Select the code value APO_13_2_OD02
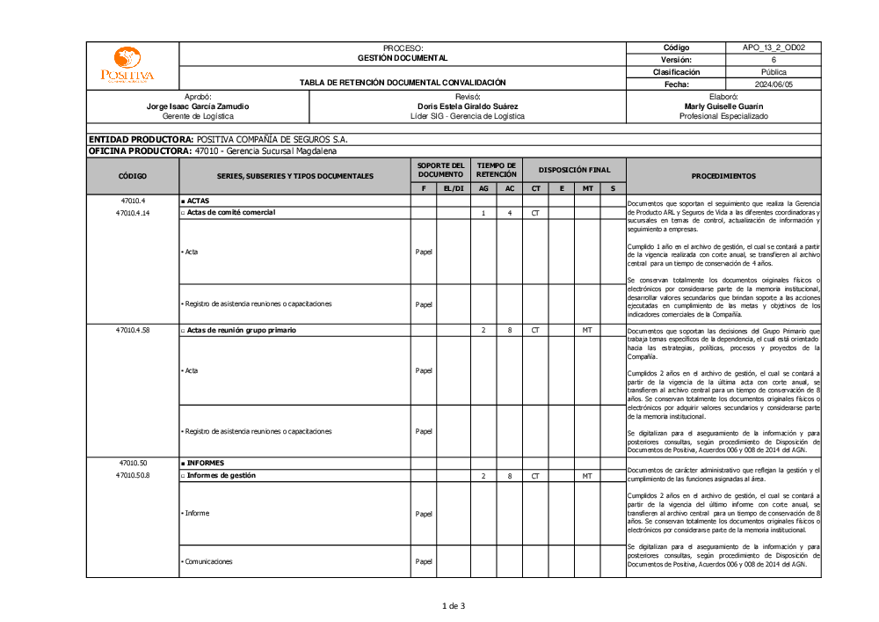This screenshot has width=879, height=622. pos(773,48)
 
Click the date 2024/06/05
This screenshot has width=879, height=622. pos(773,84)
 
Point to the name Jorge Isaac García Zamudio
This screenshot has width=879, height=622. pos(198,106)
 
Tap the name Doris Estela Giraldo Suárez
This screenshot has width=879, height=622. pos(468,106)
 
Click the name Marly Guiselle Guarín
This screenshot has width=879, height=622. pos(723,106)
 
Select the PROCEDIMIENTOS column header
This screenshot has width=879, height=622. pos(723,176)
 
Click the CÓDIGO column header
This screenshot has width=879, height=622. pos(132,176)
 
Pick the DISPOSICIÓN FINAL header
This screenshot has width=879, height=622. pos(574,170)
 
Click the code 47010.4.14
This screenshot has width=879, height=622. pos(132,213)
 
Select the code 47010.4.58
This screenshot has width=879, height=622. pos(132,330)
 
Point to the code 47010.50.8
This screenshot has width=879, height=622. pos(132,476)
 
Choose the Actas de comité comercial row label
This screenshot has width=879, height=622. pos(230,213)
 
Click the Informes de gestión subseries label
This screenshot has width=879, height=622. pos(221,476)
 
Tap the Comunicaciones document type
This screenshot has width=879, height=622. pos(209,561)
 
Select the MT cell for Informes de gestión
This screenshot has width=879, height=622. pos(586,476)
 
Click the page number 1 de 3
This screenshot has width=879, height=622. pos(453,605)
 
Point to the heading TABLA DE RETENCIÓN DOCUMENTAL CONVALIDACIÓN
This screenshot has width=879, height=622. pos(403,83)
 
